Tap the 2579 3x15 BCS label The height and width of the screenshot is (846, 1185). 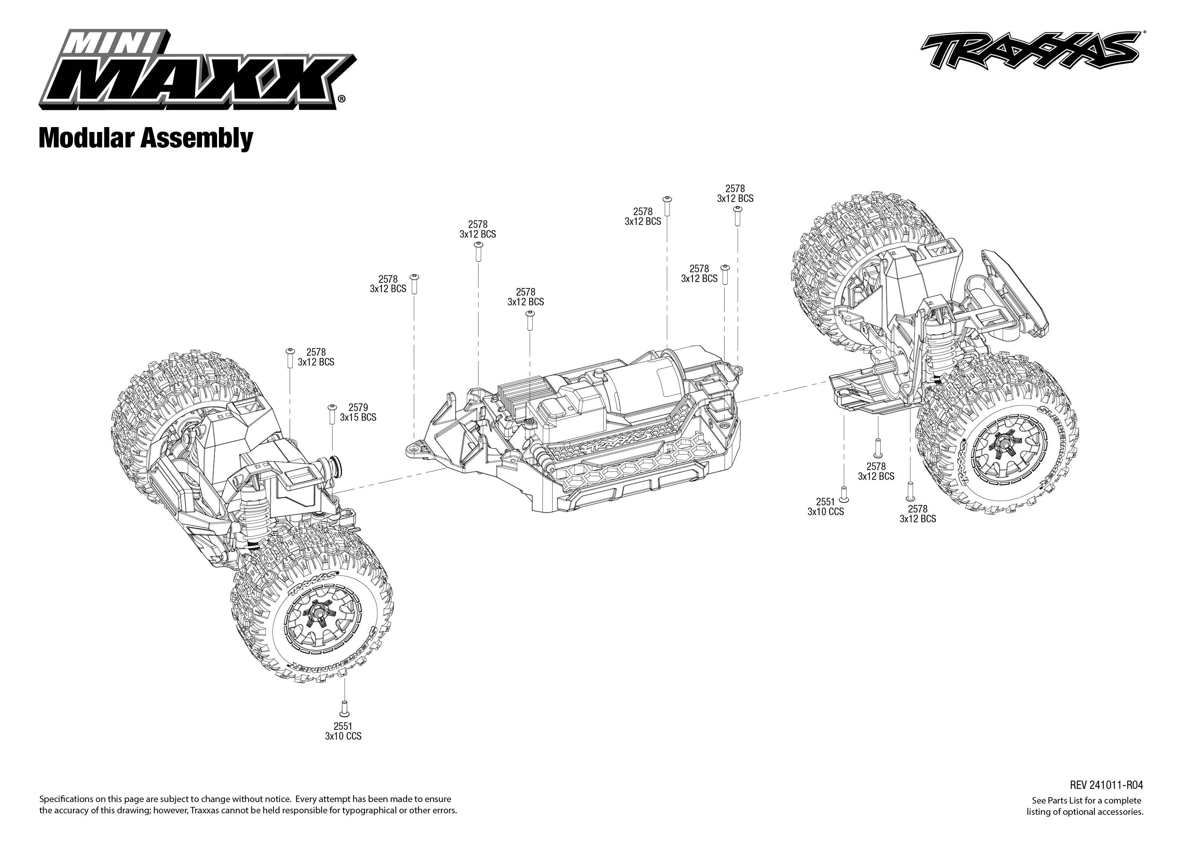pyautogui.click(x=358, y=412)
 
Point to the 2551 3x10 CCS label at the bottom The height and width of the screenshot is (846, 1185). pyautogui.click(x=343, y=731)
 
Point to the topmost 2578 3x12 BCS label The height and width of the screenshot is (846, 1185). pyautogui.click(x=735, y=193)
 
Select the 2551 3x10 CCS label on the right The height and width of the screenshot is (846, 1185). pyautogui.click(x=825, y=507)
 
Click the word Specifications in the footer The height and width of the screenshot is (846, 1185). pyautogui.click(x=68, y=799)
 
